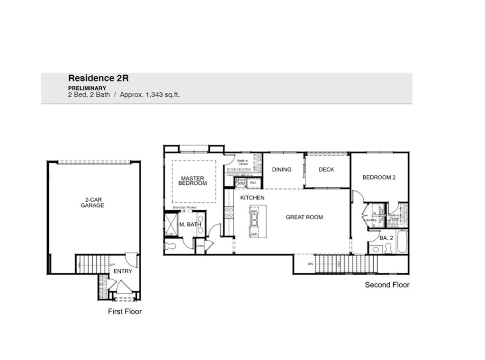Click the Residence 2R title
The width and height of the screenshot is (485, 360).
coord(98,78)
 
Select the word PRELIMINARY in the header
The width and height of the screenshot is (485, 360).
coord(87,88)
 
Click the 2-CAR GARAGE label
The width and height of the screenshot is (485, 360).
coord(92,203)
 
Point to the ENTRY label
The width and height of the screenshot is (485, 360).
coord(123,271)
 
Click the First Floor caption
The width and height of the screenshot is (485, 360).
coord(124,312)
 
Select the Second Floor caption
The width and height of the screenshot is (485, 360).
coord(386,285)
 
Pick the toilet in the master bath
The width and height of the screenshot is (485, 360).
coord(170,246)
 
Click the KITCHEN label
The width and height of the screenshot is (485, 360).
coord(252,197)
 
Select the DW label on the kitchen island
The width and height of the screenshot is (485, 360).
coord(254,234)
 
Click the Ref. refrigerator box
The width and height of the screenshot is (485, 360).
coord(253,183)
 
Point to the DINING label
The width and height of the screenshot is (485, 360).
coord(281,170)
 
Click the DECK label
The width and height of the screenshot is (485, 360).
coord(326,170)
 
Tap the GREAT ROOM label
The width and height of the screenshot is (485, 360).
coord(304,217)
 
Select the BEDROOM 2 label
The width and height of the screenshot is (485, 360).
coord(378,178)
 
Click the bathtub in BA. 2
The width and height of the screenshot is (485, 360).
coord(402,242)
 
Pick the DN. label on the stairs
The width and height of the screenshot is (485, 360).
coord(310,264)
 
